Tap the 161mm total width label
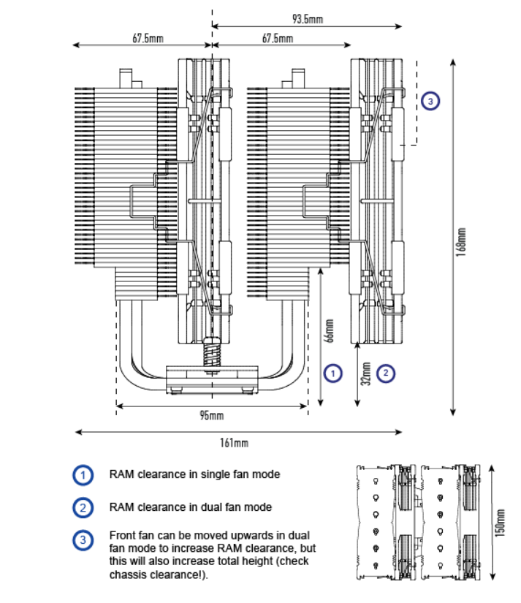coord(235,442)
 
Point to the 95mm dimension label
coord(211,416)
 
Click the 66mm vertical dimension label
coord(330,330)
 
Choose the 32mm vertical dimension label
coord(365,373)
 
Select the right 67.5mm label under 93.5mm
coord(277,38)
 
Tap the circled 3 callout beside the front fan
coord(431,101)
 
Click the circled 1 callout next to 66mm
coord(332,373)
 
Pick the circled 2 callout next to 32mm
coord(385,373)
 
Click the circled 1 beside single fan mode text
coord(83,474)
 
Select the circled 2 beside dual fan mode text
coord(83,507)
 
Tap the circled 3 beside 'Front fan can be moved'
coord(83,540)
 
